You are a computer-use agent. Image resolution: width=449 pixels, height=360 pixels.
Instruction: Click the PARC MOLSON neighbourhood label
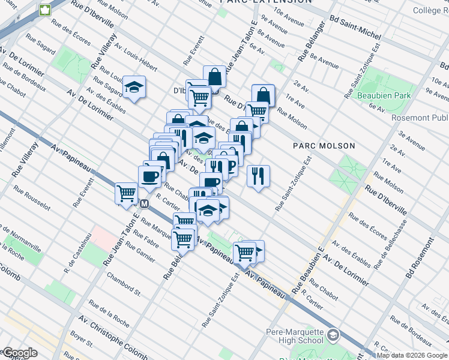tap(324, 146)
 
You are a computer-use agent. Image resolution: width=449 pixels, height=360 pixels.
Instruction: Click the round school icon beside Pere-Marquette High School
tap(334, 334)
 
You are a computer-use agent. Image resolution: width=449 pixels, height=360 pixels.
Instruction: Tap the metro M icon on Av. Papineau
tap(144, 203)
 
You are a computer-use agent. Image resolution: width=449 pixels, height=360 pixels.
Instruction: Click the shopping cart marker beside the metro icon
tap(127, 193)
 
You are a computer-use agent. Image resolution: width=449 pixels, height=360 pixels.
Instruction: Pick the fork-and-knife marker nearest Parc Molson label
tap(258, 175)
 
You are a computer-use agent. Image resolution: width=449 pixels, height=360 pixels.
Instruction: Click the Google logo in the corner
tap(19, 353)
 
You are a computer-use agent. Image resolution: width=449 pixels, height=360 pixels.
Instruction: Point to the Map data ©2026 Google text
tap(412, 355)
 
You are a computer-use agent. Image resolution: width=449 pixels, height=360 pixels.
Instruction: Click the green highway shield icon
tap(45, 10)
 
